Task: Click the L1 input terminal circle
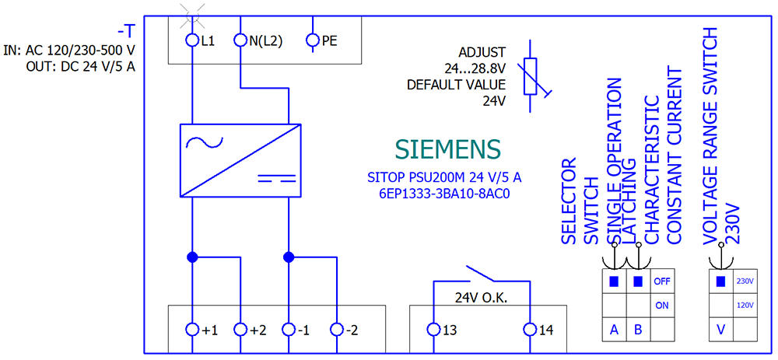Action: click(x=192, y=40)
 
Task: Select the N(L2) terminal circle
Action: click(x=240, y=40)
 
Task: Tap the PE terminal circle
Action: click(x=314, y=40)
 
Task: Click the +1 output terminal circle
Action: click(x=192, y=330)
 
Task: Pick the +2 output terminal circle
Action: click(x=240, y=330)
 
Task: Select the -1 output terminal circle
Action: click(x=289, y=330)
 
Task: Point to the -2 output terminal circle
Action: click(x=336, y=330)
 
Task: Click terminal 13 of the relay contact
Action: click(x=433, y=330)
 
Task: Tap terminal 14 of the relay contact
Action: click(x=530, y=330)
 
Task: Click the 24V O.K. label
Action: click(x=482, y=297)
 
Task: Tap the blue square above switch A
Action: click(x=614, y=281)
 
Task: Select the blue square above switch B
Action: click(x=638, y=281)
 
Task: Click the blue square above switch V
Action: click(x=721, y=281)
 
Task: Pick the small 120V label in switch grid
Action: click(x=745, y=306)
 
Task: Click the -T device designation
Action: click(x=126, y=31)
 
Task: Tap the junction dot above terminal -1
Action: click(x=289, y=257)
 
